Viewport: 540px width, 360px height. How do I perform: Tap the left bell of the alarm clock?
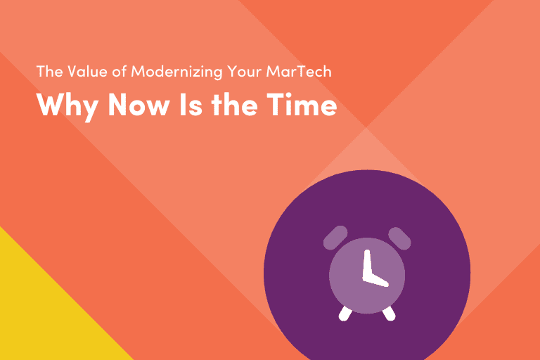tap(335, 237)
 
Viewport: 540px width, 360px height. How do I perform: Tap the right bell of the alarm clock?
tap(399, 237)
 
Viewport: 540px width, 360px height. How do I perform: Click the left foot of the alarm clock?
tap(345, 313)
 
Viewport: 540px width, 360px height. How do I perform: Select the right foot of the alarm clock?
tap(387, 313)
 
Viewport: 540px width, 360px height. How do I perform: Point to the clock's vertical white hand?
tap(365, 264)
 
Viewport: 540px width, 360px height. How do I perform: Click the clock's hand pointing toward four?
tap(378, 279)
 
